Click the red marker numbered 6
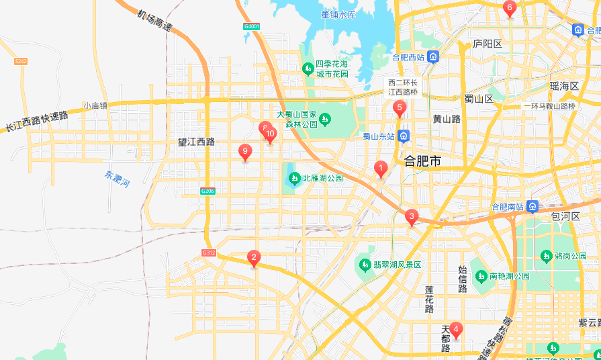(509, 9)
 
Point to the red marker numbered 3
(411, 216)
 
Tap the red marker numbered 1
(380, 169)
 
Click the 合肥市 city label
(422, 161)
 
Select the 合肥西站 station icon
(434, 57)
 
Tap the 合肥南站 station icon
(533, 206)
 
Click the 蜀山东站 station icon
(403, 136)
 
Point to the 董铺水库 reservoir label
(338, 14)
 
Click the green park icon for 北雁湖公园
(294, 179)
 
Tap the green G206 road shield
(207, 191)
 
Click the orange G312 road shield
(208, 253)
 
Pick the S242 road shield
(20, 61)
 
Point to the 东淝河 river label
(116, 179)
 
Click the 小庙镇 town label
(95, 105)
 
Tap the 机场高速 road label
(154, 21)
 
